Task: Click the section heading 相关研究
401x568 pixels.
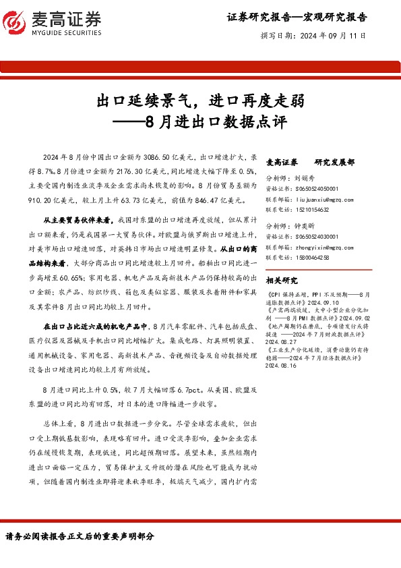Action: tap(282, 280)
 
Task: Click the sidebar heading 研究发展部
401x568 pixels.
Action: tap(334, 162)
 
